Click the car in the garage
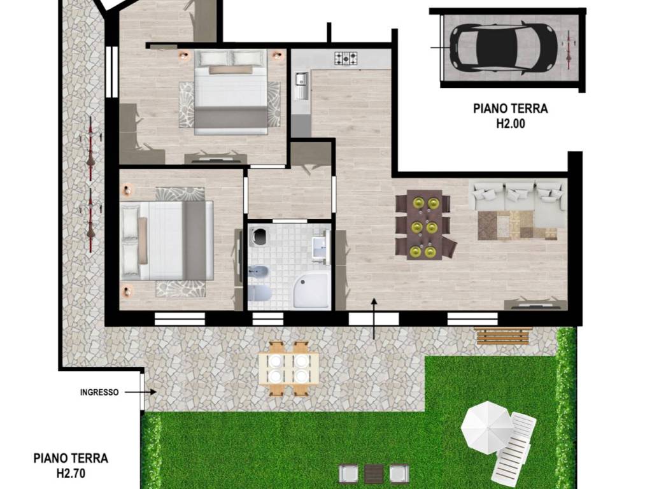click(x=504, y=45)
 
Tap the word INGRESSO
click(x=99, y=392)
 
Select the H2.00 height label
click(x=510, y=124)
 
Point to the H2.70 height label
click(x=71, y=473)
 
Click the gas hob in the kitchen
click(x=346, y=59)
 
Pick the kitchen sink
click(x=301, y=86)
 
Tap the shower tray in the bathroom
click(x=311, y=293)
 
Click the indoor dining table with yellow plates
click(x=424, y=225)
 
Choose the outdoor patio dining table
click(x=288, y=369)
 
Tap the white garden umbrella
click(x=487, y=428)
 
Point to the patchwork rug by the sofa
click(x=517, y=225)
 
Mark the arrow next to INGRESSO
click(x=141, y=392)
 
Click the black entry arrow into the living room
click(x=374, y=318)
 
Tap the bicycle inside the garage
click(x=569, y=48)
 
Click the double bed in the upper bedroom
click(x=230, y=92)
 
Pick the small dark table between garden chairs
click(x=374, y=473)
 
